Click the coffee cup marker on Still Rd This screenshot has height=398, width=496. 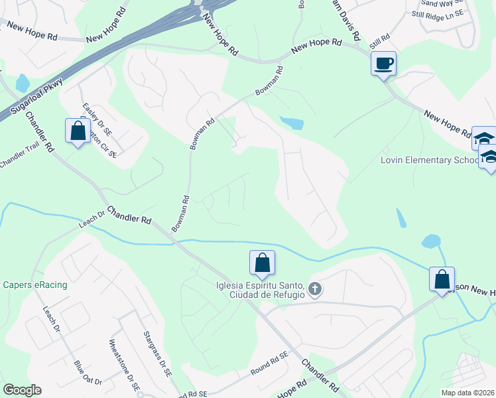pyautogui.click(x=383, y=64)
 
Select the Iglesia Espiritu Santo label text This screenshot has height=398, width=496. pyautogui.click(x=259, y=286)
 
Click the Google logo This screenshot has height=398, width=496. pyautogui.click(x=22, y=390)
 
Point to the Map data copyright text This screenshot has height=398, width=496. pyautogui.click(x=467, y=393)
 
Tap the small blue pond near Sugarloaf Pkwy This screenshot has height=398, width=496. pyautogui.click(x=22, y=83)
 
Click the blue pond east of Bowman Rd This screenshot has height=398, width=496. pyautogui.click(x=292, y=123)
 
